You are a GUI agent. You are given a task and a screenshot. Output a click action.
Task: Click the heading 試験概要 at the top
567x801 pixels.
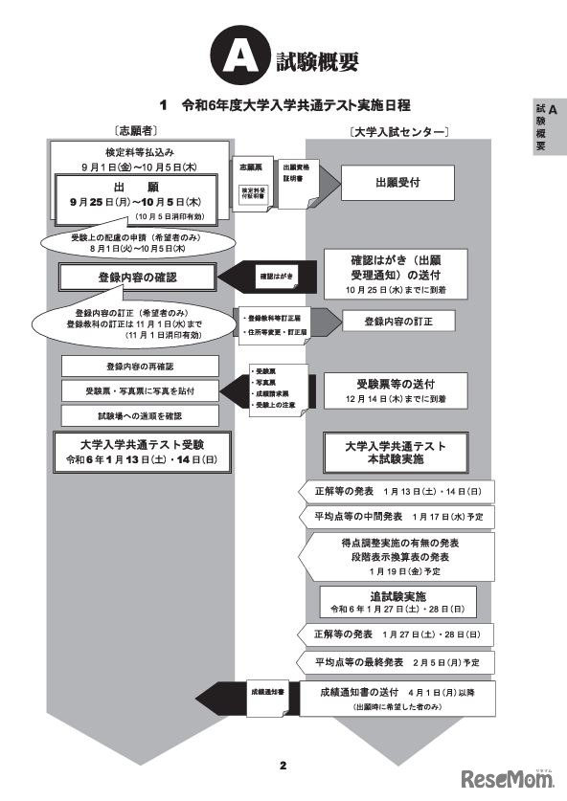click(x=316, y=61)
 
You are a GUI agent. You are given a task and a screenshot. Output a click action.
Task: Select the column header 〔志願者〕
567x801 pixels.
click(x=135, y=127)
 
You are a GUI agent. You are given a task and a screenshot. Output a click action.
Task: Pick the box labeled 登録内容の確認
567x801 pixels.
click(x=139, y=278)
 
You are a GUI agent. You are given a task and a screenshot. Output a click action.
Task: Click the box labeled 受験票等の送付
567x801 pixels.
click(x=396, y=386)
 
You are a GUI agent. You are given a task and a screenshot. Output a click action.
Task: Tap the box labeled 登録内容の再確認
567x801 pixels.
click(x=140, y=367)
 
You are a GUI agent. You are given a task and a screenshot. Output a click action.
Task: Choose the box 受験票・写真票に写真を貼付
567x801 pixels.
click(x=140, y=390)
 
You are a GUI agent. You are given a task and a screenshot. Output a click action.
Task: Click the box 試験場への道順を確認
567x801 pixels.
click(x=140, y=415)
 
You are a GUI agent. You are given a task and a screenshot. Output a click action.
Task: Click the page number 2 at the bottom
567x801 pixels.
click(x=283, y=765)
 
